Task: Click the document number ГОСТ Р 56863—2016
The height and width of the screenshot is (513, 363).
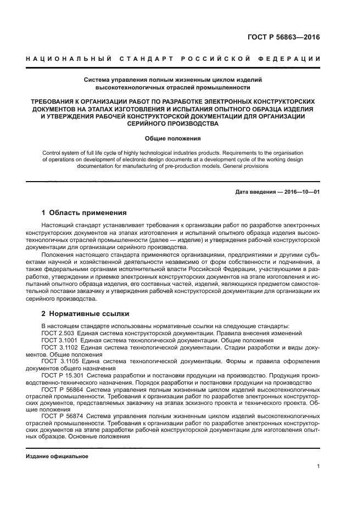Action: tap(283, 38)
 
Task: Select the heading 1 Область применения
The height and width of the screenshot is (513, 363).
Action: tap(84, 212)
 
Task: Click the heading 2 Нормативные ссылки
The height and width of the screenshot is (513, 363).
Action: tap(85, 314)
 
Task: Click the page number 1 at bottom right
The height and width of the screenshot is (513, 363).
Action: tap(318, 466)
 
